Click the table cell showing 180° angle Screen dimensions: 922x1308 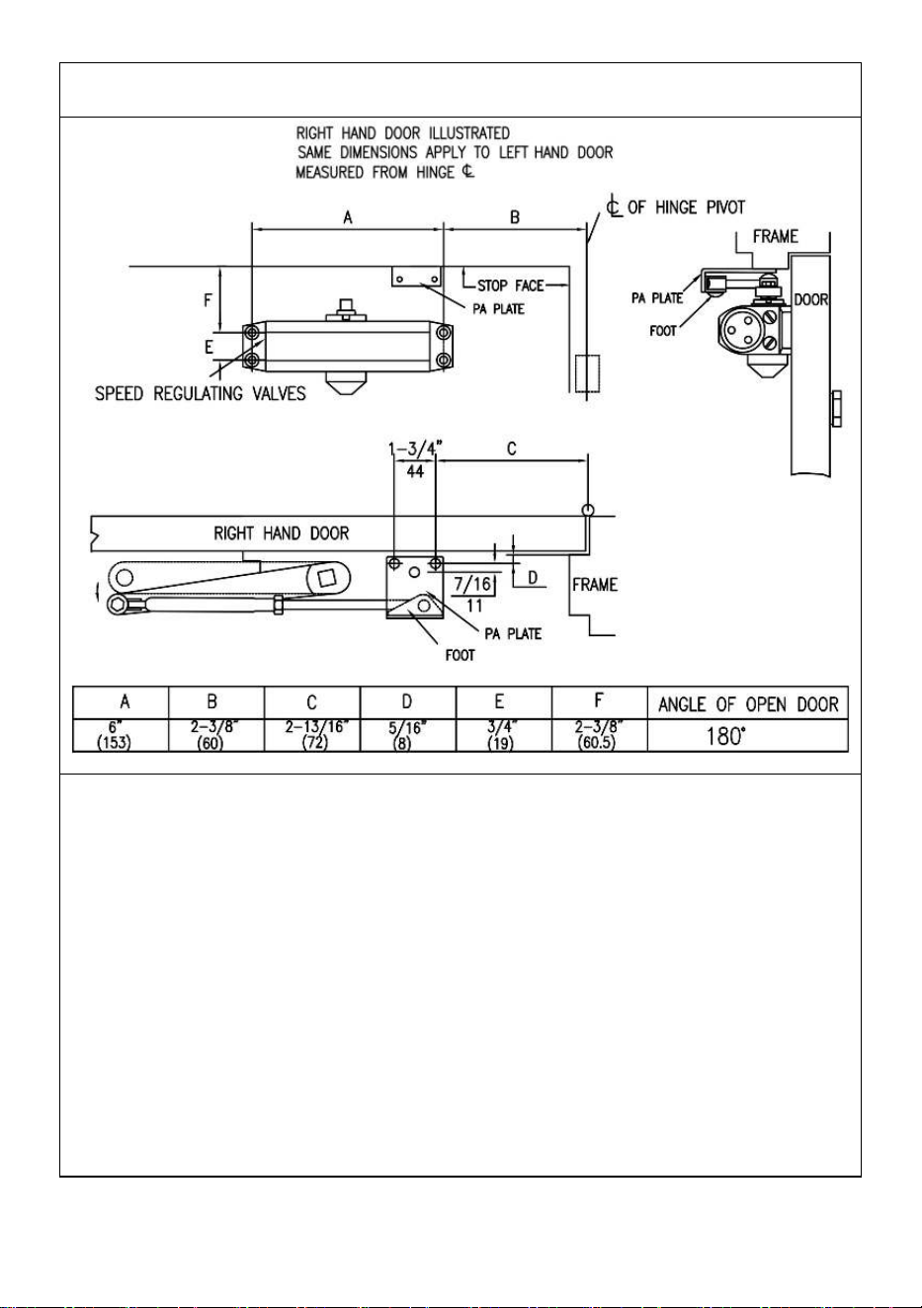tap(747, 735)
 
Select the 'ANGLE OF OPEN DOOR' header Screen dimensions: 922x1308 tap(748, 704)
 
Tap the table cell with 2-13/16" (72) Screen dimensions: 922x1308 tap(312, 735)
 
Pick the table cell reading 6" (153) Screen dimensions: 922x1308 tap(121, 735)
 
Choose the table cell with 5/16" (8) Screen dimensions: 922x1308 tap(408, 735)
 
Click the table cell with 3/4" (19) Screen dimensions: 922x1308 tap(504, 735)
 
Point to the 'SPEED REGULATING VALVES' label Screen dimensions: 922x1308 tap(201, 393)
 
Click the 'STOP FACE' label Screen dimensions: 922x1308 tap(510, 286)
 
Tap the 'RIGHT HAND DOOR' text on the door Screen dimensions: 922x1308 tap(281, 533)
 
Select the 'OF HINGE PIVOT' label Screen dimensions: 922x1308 tap(686, 207)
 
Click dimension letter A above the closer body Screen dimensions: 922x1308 tap(348, 217)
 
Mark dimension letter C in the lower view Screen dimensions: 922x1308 tap(511, 449)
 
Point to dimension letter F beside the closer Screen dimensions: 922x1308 tap(208, 300)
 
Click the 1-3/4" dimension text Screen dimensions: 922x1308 tap(415, 450)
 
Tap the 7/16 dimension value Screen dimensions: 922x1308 tap(472, 583)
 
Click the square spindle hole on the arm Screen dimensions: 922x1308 tap(325, 578)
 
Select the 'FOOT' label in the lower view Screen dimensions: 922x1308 tap(460, 655)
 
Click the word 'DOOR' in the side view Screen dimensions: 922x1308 tap(811, 299)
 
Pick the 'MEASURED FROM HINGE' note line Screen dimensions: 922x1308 tap(375, 172)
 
